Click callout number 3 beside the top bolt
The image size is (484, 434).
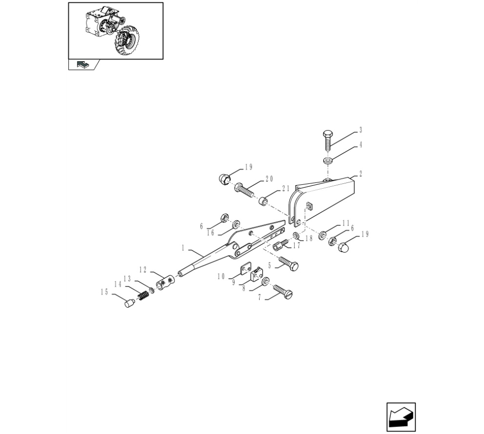click(x=360, y=130)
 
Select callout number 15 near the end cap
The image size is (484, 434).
click(x=104, y=292)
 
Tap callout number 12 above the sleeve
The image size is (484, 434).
click(x=143, y=270)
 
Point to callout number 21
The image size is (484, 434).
click(x=286, y=188)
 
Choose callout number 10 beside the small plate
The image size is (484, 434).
click(x=221, y=276)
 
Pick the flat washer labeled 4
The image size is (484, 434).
click(x=327, y=161)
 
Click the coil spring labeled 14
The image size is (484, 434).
click(x=143, y=296)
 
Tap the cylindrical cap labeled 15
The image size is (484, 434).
click(x=129, y=303)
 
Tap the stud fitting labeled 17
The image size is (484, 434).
click(x=281, y=245)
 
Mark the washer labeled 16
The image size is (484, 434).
click(x=237, y=224)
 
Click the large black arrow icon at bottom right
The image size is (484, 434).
click(x=401, y=417)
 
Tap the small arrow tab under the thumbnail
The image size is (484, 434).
click(x=83, y=64)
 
